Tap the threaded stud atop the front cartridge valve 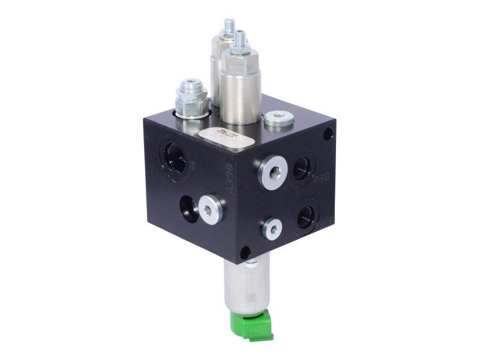click(x=240, y=41)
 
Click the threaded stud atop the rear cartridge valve click(x=228, y=26)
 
